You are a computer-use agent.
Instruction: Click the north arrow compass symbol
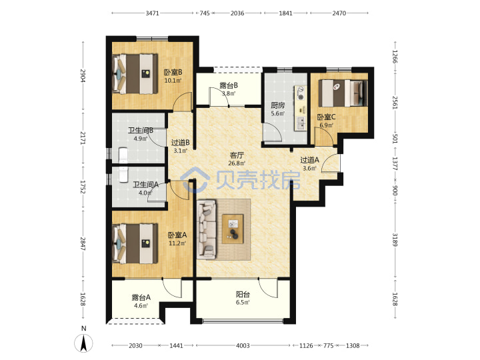click(83, 343)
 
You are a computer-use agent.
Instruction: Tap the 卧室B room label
click(173, 73)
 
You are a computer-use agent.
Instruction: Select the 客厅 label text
click(237, 155)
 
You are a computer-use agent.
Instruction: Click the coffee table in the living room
click(233, 229)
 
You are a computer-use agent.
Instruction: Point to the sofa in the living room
click(206, 229)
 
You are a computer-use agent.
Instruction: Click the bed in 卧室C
click(343, 93)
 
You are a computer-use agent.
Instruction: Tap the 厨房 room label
click(277, 105)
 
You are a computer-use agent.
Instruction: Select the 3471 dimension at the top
click(152, 13)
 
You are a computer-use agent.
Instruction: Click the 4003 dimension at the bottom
click(243, 345)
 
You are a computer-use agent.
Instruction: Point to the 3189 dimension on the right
click(395, 239)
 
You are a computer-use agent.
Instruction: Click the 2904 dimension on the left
click(83, 75)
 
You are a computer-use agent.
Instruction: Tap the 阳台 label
click(243, 295)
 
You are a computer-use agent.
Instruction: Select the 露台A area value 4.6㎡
click(141, 305)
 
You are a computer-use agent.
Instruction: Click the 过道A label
click(309, 160)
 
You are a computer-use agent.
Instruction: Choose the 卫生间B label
click(141, 131)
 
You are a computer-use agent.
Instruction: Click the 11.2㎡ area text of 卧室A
click(177, 243)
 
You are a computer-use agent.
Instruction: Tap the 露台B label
click(229, 85)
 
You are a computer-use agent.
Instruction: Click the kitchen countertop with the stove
click(301, 109)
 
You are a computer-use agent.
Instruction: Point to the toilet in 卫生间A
click(123, 174)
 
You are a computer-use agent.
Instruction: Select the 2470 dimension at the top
click(339, 13)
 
